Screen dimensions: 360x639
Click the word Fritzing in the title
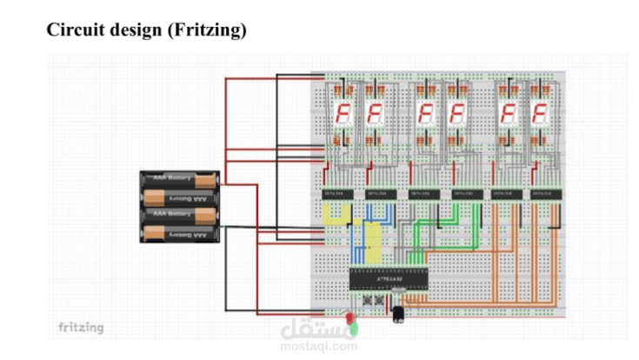click(210, 30)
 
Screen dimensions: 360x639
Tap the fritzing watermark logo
click(80, 327)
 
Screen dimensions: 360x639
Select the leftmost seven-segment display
click(343, 113)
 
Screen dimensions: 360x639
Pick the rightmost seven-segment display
click(542, 113)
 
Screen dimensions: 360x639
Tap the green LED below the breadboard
click(353, 328)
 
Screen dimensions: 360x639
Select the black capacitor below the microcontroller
click(398, 313)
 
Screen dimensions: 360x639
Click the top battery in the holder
click(180, 180)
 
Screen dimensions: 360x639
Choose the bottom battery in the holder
click(180, 233)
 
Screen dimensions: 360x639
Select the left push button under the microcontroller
click(368, 301)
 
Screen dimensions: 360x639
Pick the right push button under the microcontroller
click(380, 301)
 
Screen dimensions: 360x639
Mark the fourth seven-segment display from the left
click(457, 113)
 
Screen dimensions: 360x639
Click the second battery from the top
click(180, 197)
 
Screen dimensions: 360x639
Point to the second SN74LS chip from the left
click(380, 194)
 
